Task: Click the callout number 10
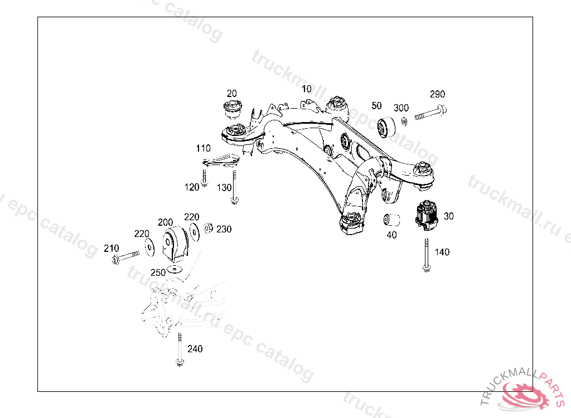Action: (x=307, y=89)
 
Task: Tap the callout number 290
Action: (x=437, y=94)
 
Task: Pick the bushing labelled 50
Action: (x=385, y=128)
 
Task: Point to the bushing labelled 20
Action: (x=231, y=109)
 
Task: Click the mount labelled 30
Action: (x=426, y=214)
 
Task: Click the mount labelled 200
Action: (x=176, y=243)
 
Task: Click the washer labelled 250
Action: (x=175, y=270)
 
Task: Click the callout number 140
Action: (x=442, y=252)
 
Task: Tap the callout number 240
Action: (x=195, y=349)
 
